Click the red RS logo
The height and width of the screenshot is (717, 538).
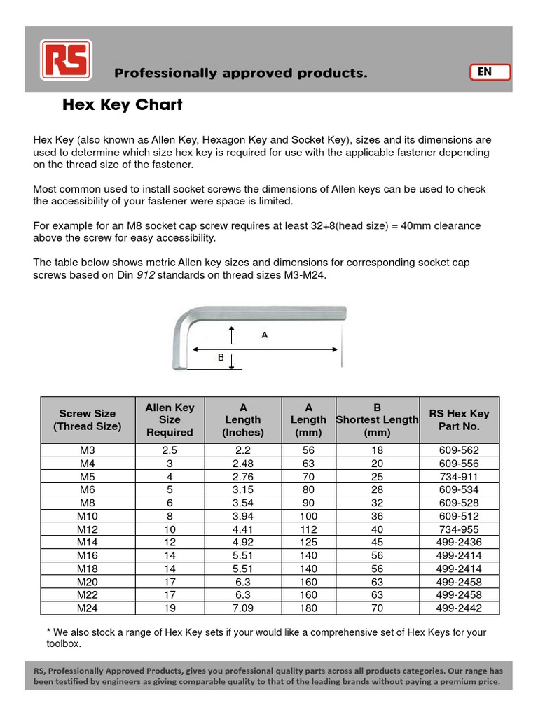pos(69,60)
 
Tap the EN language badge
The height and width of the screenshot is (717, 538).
pos(488,72)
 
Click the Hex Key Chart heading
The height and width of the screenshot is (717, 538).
pos(123,105)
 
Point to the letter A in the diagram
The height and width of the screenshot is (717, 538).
pos(265,335)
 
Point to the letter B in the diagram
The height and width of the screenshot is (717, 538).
pos(220,357)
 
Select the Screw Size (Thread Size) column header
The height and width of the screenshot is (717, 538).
pos(88,420)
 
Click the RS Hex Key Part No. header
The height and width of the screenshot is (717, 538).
pos(459,420)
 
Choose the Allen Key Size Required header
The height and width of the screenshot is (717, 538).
pos(170,420)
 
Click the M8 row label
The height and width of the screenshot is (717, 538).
pos(88,502)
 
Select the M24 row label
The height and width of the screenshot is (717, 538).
pos(88,608)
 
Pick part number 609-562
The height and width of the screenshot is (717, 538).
pos(459,450)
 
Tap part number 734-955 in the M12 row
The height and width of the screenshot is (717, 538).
pos(459,529)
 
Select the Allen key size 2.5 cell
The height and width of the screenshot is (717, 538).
pos(170,450)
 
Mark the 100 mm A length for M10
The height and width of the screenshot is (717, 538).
pos(308,515)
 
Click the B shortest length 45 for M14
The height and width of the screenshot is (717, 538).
pos(377,542)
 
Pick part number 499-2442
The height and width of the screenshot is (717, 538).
pos(459,608)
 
